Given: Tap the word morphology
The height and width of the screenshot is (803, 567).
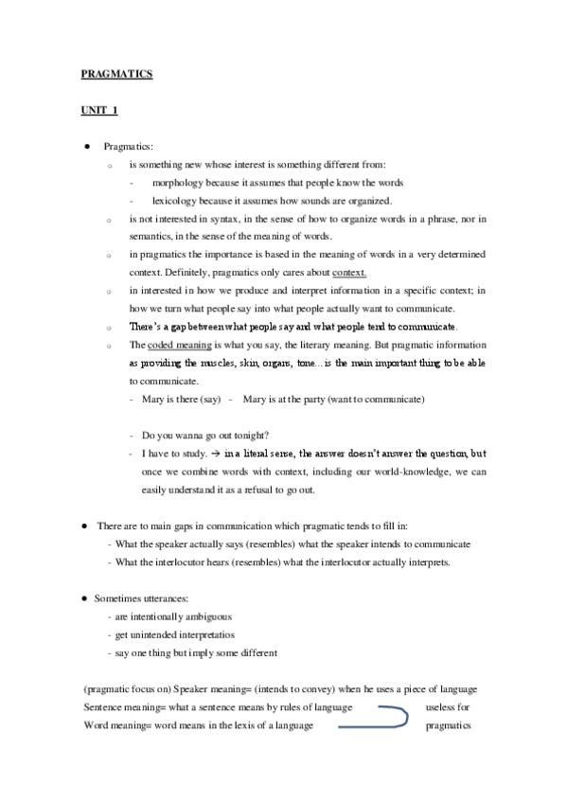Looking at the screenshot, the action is tap(180, 182).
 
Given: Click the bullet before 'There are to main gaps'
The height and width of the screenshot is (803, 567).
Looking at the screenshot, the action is tap(86, 525).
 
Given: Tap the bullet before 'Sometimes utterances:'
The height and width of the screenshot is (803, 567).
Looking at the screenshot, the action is tap(86, 598).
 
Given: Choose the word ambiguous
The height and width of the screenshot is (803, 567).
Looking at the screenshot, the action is tap(208, 616).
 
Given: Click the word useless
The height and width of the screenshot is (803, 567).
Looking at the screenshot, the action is tap(441, 707).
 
